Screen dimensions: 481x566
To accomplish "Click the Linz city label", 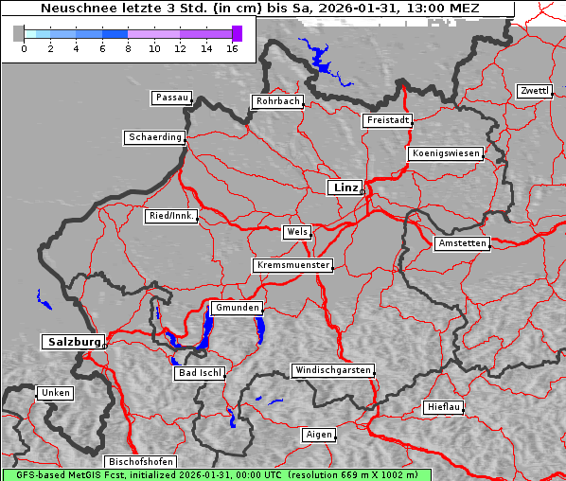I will point(345,187).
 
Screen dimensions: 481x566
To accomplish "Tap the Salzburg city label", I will point(73,342).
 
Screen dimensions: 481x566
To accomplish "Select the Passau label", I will point(171,98).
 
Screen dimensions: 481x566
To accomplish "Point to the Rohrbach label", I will point(276,101).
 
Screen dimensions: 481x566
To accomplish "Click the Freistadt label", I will point(387,120).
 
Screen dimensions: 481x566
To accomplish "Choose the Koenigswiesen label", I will point(445,153).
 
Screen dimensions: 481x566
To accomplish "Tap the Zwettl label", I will point(534,91).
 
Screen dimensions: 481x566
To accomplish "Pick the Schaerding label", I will point(154,137).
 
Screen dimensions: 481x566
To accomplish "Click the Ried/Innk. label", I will point(171,216).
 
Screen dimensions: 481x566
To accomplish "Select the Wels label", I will point(295,232).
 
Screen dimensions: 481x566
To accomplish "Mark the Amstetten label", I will point(462,243).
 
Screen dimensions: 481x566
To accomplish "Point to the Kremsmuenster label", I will point(292,265).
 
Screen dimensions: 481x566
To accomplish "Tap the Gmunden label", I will point(235,308).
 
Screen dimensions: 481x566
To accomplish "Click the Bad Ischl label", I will point(200,373).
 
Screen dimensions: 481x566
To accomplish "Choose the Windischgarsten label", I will point(331,370).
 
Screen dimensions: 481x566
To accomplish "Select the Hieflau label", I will point(443,407).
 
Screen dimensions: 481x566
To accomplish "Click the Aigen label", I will point(319,435).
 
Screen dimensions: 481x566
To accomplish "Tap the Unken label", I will point(55,392).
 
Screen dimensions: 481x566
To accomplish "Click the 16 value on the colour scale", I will point(232,47).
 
